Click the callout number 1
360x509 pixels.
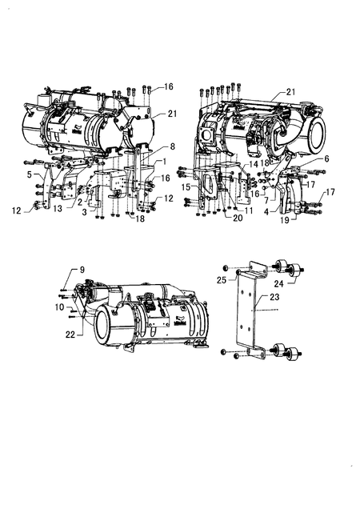(x=165, y=161)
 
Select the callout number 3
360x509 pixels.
(x=85, y=212)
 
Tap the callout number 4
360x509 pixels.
(x=266, y=212)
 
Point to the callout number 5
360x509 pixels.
(x=30, y=174)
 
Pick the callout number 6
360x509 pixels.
(x=326, y=158)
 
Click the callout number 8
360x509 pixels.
(x=172, y=146)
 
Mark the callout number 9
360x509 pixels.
(x=82, y=270)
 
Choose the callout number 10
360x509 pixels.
(x=60, y=307)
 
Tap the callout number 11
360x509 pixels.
(x=249, y=210)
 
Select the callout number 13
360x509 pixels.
(x=58, y=208)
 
